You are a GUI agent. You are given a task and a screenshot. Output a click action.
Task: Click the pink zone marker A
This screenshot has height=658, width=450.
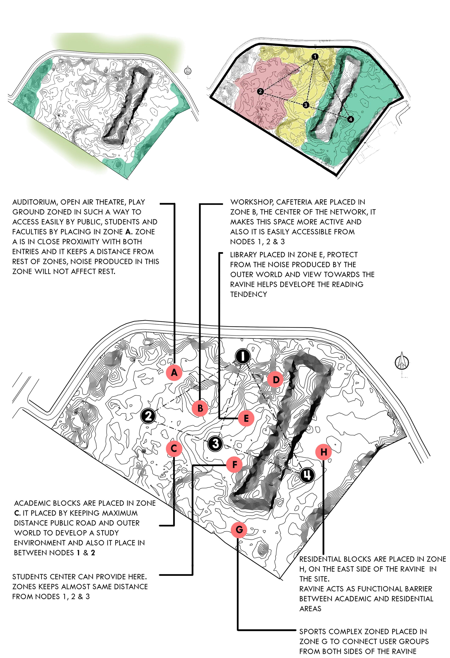(x=174, y=372)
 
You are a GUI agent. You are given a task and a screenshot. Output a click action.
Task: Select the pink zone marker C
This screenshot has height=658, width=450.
(x=174, y=448)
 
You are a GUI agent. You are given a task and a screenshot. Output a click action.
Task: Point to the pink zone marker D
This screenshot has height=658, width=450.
(x=276, y=380)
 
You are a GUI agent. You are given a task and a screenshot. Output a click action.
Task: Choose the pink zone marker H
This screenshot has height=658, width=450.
(x=323, y=452)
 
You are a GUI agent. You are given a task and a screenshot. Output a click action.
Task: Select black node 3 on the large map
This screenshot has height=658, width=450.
(x=216, y=443)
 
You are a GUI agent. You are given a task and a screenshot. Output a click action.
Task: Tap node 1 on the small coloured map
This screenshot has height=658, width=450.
(x=315, y=57)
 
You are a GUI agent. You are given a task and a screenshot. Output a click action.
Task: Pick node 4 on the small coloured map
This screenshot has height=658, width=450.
(x=351, y=119)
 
